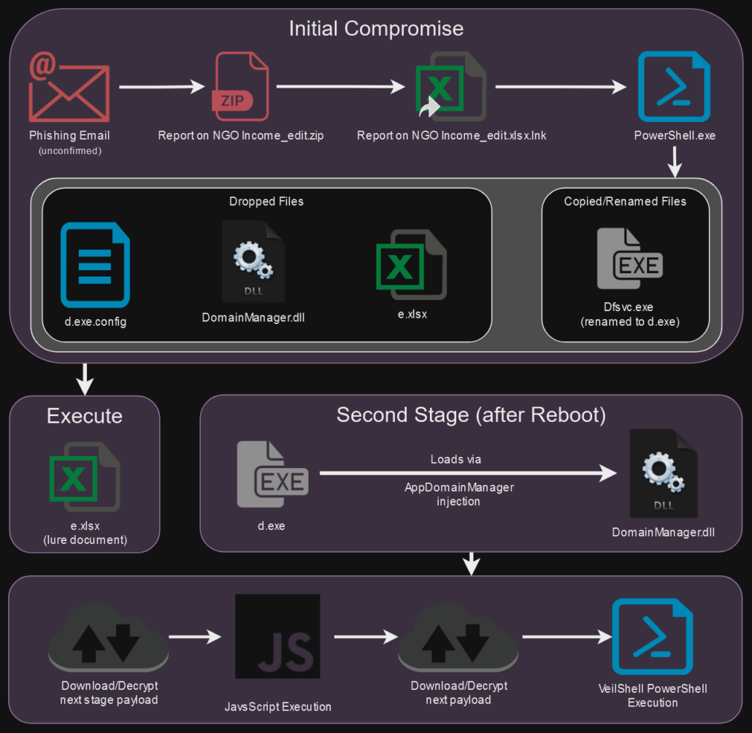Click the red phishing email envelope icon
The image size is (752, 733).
(x=69, y=87)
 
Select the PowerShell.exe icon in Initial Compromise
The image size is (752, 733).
(x=674, y=86)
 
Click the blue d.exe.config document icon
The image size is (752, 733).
(x=95, y=265)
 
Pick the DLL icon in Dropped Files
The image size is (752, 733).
(x=253, y=261)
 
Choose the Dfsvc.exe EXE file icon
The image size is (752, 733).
(x=629, y=258)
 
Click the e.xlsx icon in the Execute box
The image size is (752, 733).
(x=85, y=477)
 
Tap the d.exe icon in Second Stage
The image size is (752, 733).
(x=272, y=475)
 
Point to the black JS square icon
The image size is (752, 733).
(x=277, y=636)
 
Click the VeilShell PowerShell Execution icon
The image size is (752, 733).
(x=652, y=637)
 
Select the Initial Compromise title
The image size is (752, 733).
(x=376, y=28)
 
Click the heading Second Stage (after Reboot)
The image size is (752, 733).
(x=471, y=415)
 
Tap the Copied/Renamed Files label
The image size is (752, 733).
(x=625, y=202)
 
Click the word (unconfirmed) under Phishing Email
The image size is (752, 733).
(x=70, y=150)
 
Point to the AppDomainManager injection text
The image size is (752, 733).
(x=459, y=494)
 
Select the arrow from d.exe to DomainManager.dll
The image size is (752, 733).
(x=468, y=473)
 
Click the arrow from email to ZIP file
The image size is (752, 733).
(x=162, y=87)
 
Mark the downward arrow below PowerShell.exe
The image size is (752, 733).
(x=675, y=161)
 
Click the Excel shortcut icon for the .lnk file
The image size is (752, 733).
(x=450, y=86)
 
